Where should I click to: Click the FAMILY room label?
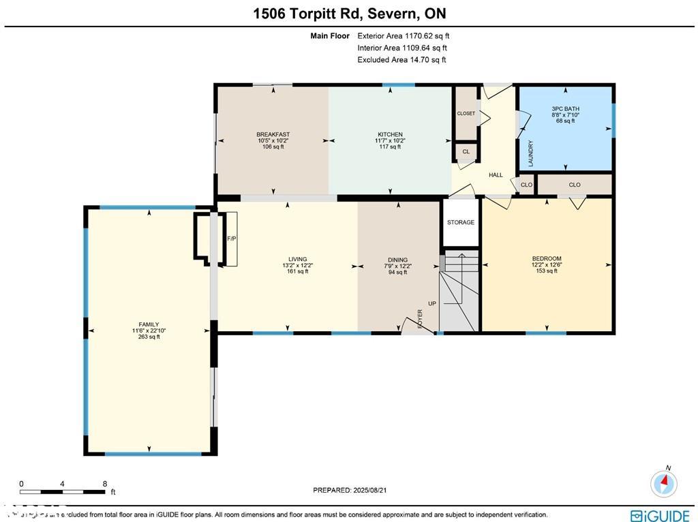pyautogui.click(x=149, y=325)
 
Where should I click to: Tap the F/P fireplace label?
pyautogui.click(x=230, y=239)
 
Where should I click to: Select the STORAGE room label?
pyautogui.click(x=461, y=223)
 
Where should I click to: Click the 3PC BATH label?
pyautogui.click(x=565, y=109)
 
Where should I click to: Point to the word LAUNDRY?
pyautogui.click(x=530, y=154)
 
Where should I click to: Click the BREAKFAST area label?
pyautogui.click(x=273, y=134)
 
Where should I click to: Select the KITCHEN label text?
pyautogui.click(x=390, y=134)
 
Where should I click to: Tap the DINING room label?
pyautogui.click(x=397, y=260)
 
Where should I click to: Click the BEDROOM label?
pyautogui.click(x=546, y=258)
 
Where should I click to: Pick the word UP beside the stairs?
pyautogui.click(x=432, y=304)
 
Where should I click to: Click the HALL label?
pyautogui.click(x=496, y=175)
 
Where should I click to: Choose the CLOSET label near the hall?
pyautogui.click(x=466, y=114)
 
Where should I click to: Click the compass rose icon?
pyautogui.click(x=664, y=483)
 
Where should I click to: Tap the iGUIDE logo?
pyautogui.click(x=660, y=516)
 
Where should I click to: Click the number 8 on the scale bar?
pyautogui.click(x=104, y=484)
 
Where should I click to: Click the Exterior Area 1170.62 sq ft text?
pyautogui.click(x=403, y=36)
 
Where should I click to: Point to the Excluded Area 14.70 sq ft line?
pyautogui.click(x=401, y=60)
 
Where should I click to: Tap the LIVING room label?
pyautogui.click(x=297, y=259)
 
